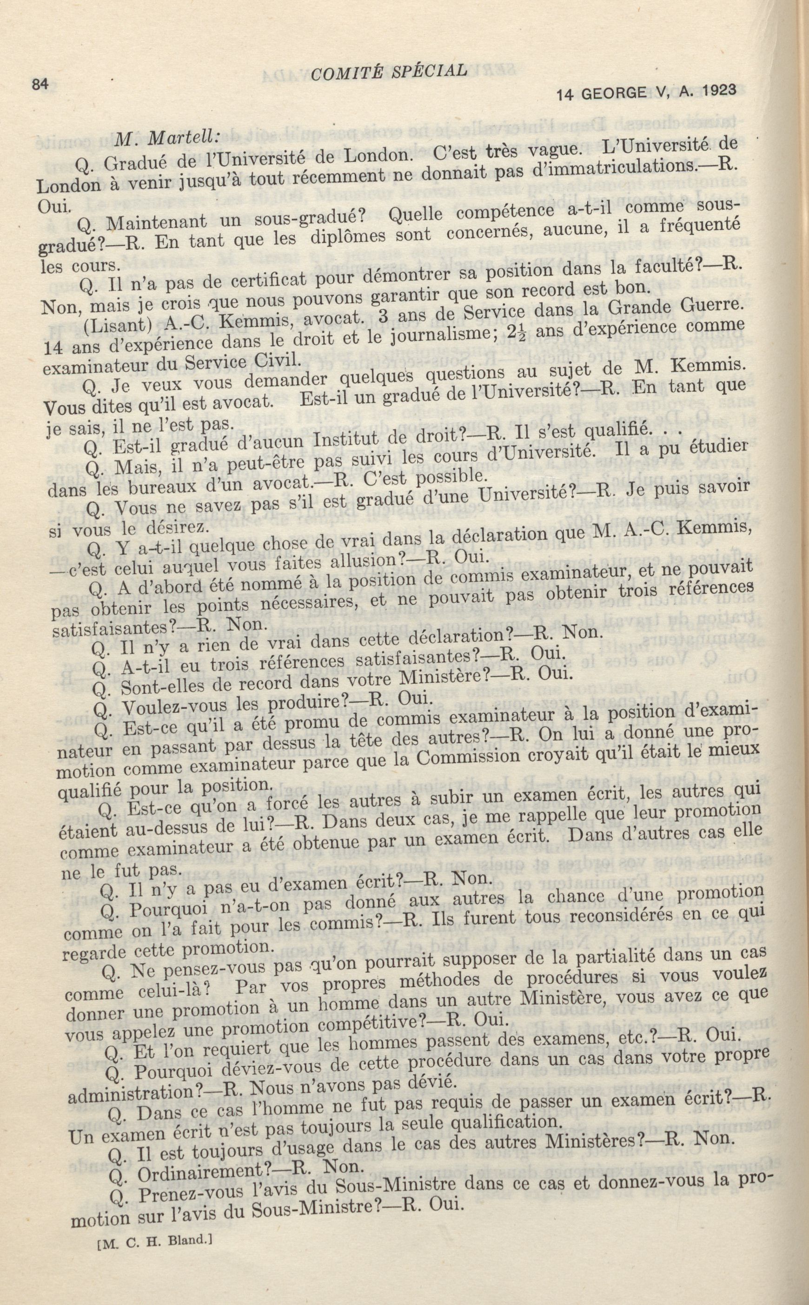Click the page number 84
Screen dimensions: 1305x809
point(40,85)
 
